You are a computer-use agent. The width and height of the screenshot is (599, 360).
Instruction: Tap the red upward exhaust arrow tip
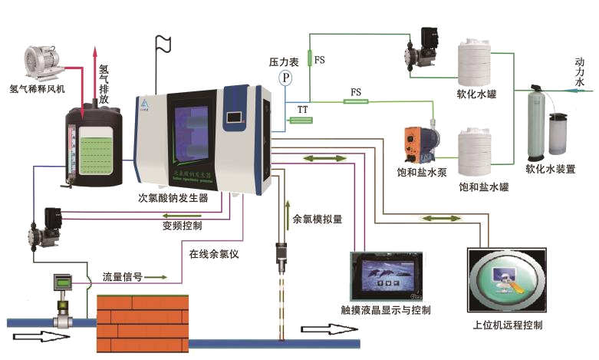click(96, 48)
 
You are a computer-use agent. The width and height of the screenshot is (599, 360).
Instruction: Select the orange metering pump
click(415, 142)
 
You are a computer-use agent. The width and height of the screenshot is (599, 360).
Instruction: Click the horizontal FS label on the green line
click(355, 92)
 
